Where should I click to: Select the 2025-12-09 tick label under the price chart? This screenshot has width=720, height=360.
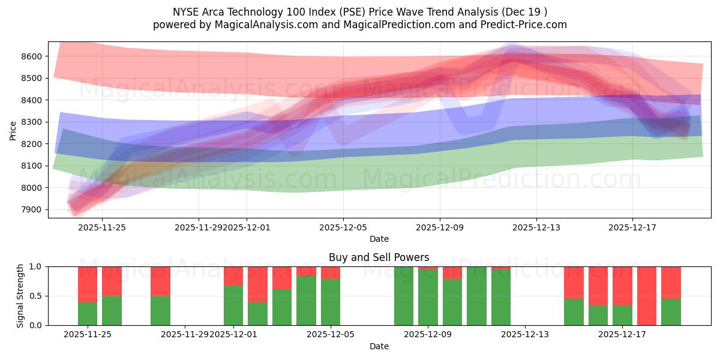pos(440,227)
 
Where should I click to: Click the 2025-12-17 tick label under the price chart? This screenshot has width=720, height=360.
pos(632,227)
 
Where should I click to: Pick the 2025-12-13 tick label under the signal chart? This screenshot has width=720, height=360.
pos(525,335)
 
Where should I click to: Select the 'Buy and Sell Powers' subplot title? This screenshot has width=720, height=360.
pos(379,257)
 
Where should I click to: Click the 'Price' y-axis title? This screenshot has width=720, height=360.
pos(13,130)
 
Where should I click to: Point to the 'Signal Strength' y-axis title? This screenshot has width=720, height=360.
pos(20,296)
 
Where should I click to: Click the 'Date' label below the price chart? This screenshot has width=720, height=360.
pos(379,239)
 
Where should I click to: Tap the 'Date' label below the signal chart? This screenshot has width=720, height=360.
pos(379,346)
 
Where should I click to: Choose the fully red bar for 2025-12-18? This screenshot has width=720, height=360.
pos(647,296)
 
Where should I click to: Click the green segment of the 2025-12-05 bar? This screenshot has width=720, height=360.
pos(331,302)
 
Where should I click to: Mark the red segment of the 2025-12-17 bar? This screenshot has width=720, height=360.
pos(622,286)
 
